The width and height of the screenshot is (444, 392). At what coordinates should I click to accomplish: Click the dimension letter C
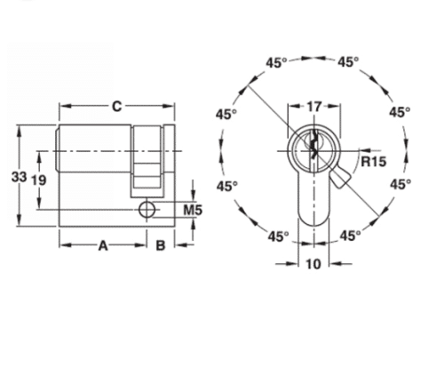tap(116, 108)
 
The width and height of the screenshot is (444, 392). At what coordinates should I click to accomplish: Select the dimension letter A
tap(102, 246)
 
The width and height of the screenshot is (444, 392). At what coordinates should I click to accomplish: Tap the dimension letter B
tap(161, 246)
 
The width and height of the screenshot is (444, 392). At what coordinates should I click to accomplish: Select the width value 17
tap(313, 107)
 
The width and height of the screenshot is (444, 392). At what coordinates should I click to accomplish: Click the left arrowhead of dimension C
tap(63, 108)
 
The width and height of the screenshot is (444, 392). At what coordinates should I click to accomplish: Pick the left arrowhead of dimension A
tap(63, 246)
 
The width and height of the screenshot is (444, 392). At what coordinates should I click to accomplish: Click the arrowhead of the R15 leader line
tap(345, 156)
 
